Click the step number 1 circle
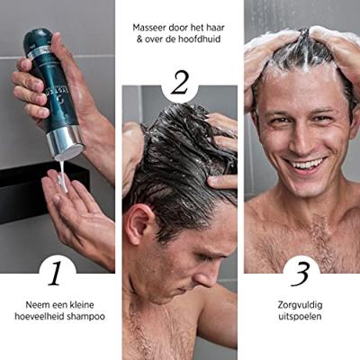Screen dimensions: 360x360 point(58,271)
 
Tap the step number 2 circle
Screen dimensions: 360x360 point(179,84)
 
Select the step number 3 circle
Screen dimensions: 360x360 point(301,271)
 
